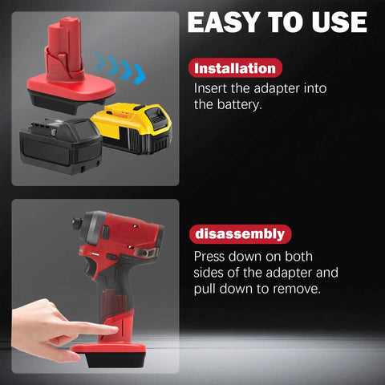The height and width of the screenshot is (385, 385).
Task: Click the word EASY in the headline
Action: pyautogui.click(x=224, y=22)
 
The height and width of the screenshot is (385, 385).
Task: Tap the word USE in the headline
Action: pyautogui.click(x=339, y=22)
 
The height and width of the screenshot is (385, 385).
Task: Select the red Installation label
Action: pyautogui.click(x=235, y=68)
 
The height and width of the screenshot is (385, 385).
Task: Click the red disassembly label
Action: pyautogui.click(x=240, y=234)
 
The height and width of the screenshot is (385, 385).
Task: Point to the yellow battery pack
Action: pyautogui.click(x=132, y=128)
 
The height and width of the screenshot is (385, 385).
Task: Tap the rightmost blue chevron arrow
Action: pyautogui.click(x=139, y=75)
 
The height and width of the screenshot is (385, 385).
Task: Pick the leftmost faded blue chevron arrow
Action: pyautogui.click(x=99, y=61)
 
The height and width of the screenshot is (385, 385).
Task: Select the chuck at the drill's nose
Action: pyautogui.click(x=78, y=222)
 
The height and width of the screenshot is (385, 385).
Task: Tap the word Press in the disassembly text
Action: pyautogui.click(x=209, y=257)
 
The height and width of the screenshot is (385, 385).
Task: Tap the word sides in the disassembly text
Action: pyautogui.click(x=208, y=273)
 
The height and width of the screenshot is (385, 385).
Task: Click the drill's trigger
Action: pyautogui.click(x=89, y=270)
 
